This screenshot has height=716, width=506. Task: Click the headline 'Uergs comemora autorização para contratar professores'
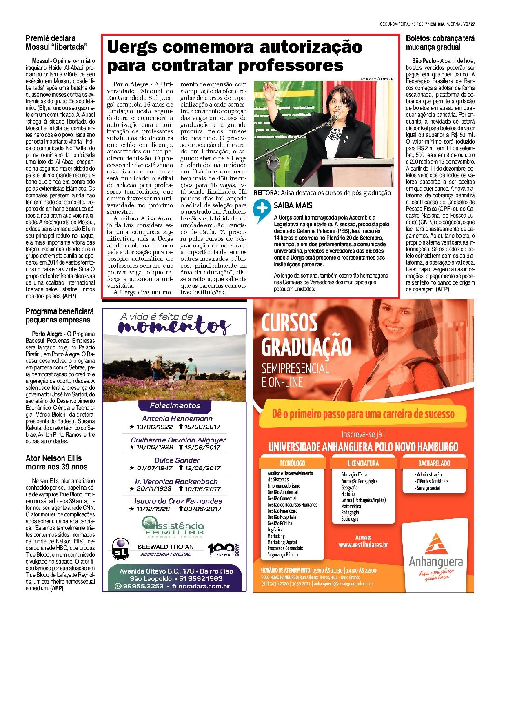coord(234,56)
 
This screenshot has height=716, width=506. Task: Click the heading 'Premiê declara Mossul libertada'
coord(57,42)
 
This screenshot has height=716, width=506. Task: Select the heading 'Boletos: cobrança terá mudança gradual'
coord(440,42)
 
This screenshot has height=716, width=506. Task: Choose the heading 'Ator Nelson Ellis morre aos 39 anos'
coord(56,462)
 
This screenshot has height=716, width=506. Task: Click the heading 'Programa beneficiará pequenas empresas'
coord(60,316)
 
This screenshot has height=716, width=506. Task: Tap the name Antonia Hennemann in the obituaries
coord(177,418)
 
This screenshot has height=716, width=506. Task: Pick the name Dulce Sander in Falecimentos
coord(177,460)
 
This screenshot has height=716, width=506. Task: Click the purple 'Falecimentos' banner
coord(175,405)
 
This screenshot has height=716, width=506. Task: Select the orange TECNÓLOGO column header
coord(292,463)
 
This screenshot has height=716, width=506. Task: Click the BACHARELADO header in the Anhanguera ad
coord(434,463)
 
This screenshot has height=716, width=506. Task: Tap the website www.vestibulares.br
coord(363,545)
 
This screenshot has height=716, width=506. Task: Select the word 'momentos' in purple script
coord(173,327)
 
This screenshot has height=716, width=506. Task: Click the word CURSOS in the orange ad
coord(289,323)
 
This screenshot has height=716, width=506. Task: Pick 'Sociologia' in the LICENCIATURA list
coord(350,519)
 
